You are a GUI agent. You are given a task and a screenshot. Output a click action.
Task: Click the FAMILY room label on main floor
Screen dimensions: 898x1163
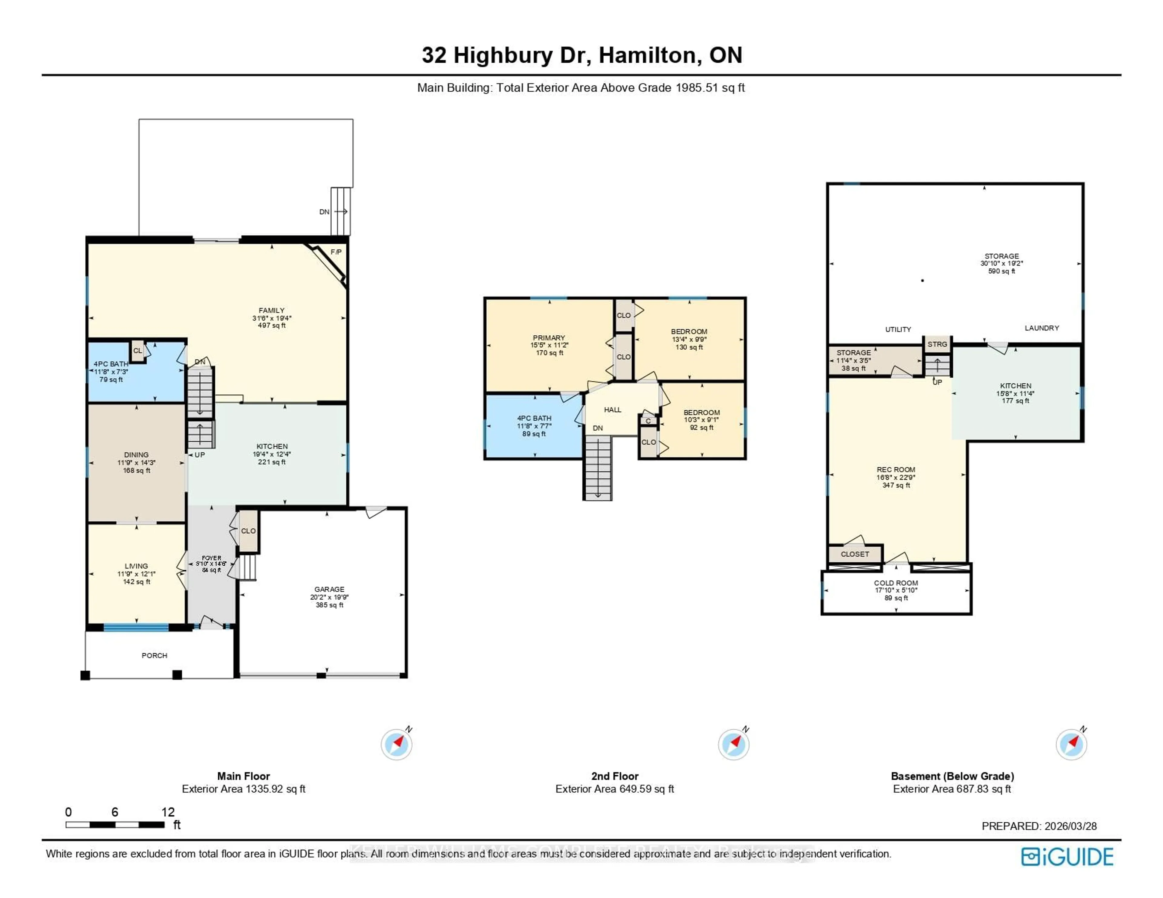pos(272,310)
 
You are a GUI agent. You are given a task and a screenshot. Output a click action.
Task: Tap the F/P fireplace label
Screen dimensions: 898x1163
pos(336,252)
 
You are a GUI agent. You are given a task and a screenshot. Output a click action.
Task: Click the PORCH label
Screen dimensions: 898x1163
pos(154,655)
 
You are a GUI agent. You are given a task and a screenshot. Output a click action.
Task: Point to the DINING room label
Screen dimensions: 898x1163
pos(136,455)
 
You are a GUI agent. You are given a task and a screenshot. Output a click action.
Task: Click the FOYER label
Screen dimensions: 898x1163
pos(211,558)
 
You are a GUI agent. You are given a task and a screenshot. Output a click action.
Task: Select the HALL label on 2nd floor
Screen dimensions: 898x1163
pos(612,409)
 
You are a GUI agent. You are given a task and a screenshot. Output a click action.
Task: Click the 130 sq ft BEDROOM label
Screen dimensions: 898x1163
pos(689,331)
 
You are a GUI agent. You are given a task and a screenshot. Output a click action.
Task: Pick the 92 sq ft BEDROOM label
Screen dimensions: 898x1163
pos(701,412)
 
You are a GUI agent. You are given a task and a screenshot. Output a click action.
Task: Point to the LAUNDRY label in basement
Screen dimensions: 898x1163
pos(1042,328)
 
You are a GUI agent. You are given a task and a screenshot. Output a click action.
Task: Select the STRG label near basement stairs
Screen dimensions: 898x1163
pos(937,344)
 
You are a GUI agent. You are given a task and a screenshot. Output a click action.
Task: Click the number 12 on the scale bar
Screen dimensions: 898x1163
pos(168,812)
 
